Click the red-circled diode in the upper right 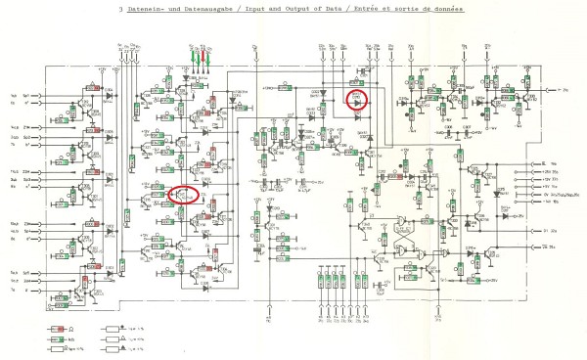358,99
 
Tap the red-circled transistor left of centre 183,194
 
